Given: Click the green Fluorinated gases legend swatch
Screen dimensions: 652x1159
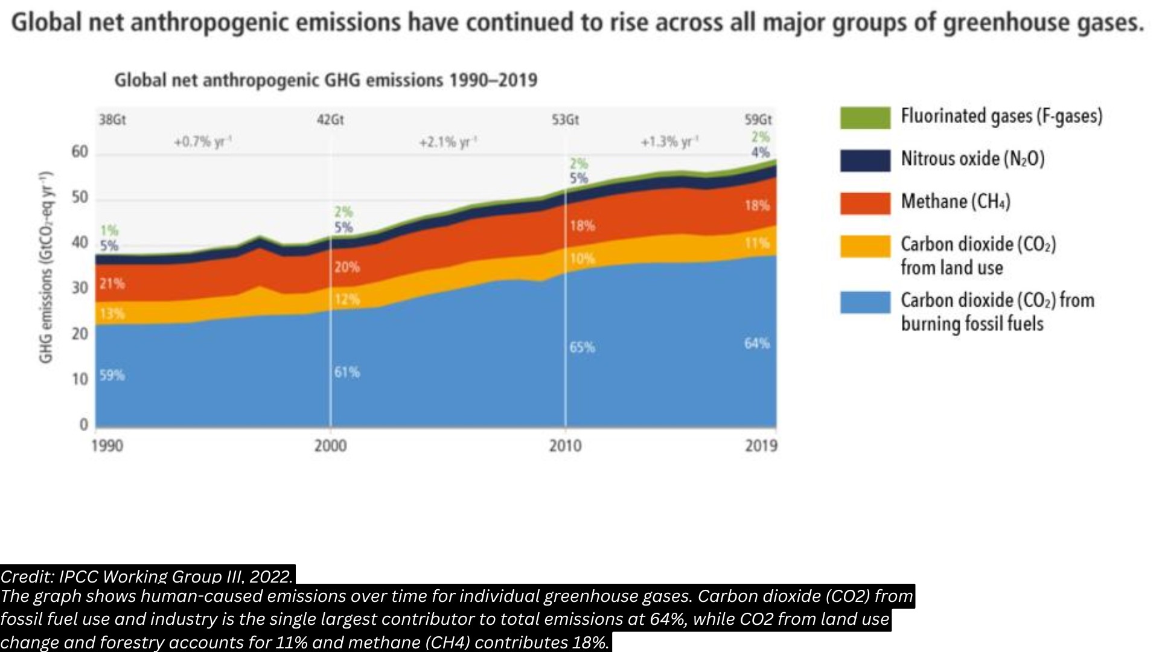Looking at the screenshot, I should tap(865, 118).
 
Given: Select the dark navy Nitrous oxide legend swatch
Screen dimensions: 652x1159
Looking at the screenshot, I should tap(865, 161).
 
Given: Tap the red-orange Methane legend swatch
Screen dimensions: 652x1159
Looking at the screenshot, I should tap(865, 203).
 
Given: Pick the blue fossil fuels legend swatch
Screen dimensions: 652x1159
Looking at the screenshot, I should tap(865, 302).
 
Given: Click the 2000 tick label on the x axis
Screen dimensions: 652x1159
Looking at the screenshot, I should tap(330, 446).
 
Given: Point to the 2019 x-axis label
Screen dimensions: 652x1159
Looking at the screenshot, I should tap(761, 446).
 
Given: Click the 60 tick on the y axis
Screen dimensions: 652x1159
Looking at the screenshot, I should tap(80, 152).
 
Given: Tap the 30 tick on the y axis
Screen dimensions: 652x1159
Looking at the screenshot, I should tap(80, 288).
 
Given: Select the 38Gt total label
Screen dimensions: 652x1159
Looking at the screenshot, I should tap(112, 120).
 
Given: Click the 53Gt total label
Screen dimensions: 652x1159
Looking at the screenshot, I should tap(565, 120).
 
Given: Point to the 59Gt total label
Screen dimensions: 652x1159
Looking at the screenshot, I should tap(758, 120).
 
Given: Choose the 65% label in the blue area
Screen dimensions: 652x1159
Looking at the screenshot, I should tap(582, 348).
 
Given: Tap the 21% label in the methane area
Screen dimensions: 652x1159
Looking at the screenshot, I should tap(112, 284).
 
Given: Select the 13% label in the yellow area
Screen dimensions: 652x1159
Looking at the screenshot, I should tap(112, 314).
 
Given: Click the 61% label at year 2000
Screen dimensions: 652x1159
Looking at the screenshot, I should tap(347, 372).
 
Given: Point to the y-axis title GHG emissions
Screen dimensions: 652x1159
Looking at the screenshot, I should tap(46, 267).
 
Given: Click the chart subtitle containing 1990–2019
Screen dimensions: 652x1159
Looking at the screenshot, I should tap(325, 80).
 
